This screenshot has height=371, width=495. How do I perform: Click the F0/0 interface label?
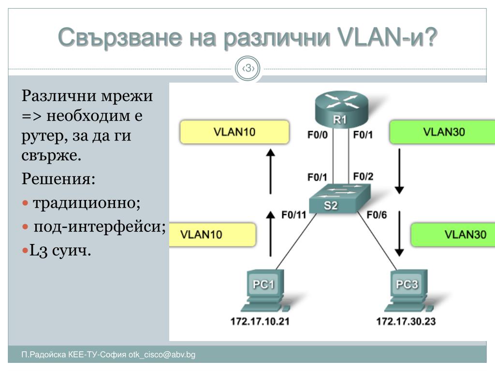click(x=317, y=135)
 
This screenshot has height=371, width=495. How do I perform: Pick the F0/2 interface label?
click(x=363, y=177)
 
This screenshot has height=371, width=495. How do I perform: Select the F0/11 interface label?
click(x=294, y=215)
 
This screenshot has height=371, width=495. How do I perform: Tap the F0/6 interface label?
click(x=377, y=215)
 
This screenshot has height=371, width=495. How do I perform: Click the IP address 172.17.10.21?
click(x=260, y=321)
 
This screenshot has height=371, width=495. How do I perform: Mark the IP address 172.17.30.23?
click(x=406, y=321)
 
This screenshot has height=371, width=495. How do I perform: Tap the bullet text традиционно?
click(x=87, y=202)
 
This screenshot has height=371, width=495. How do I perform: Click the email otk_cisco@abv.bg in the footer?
click(x=162, y=355)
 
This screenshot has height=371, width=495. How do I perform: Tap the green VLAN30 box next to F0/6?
click(x=453, y=235)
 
